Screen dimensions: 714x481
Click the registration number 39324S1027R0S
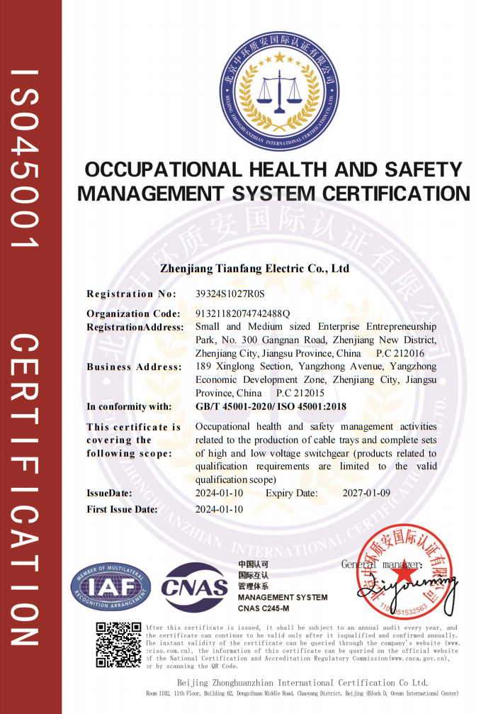(229, 294)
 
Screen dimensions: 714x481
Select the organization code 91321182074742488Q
(242, 313)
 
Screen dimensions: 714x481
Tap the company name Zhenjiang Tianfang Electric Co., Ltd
(255, 269)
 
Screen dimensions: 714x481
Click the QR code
(118, 645)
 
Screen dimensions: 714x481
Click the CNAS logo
(195, 587)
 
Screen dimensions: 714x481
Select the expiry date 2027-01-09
(366, 493)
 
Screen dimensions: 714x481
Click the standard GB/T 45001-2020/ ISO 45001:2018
(271, 406)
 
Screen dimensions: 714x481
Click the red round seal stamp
(404, 573)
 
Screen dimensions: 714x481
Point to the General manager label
(382, 564)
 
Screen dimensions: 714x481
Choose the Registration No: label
(132, 294)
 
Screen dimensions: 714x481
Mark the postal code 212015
(309, 393)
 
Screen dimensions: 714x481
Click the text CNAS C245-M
(264, 608)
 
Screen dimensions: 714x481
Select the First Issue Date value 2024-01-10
(219, 509)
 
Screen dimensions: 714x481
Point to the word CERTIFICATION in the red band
(26, 489)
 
